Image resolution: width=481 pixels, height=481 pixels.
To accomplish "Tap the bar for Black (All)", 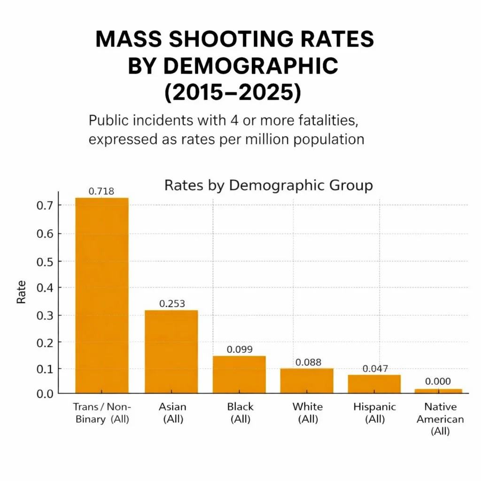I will pyautogui.click(x=239, y=374).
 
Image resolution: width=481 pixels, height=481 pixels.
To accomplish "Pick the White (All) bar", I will pyautogui.click(x=307, y=380).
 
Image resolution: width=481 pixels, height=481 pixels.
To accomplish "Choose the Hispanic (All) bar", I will pyautogui.click(x=374, y=384).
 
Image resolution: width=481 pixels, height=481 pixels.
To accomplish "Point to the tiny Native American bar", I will pyautogui.click(x=438, y=391).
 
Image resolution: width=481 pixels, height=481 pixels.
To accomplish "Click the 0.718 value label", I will pyautogui.click(x=101, y=191).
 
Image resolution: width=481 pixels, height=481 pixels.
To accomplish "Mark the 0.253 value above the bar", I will pyautogui.click(x=172, y=303).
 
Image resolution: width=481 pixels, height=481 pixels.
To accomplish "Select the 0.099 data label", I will pyautogui.click(x=240, y=349).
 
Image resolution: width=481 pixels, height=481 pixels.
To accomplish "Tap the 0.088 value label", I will pyautogui.click(x=308, y=362).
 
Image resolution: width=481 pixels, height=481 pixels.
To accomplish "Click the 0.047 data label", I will pyautogui.click(x=375, y=369).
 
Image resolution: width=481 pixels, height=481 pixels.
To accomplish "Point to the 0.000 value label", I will pyautogui.click(x=437, y=381).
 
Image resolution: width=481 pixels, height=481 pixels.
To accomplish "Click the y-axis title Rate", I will pyautogui.click(x=22, y=292).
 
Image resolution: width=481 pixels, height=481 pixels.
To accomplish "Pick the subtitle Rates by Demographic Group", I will pyautogui.click(x=268, y=185).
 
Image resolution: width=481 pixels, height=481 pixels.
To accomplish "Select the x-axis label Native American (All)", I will pyautogui.click(x=440, y=419).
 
